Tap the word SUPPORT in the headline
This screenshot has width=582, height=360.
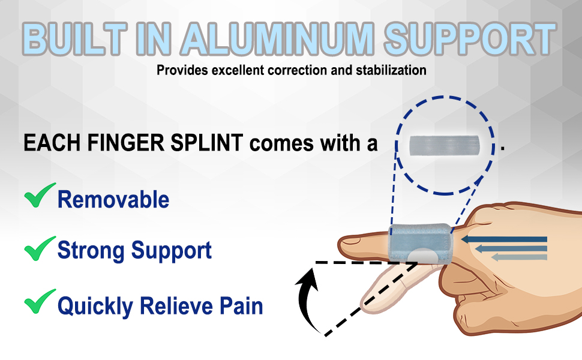(470, 39)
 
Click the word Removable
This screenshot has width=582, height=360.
(113, 200)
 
